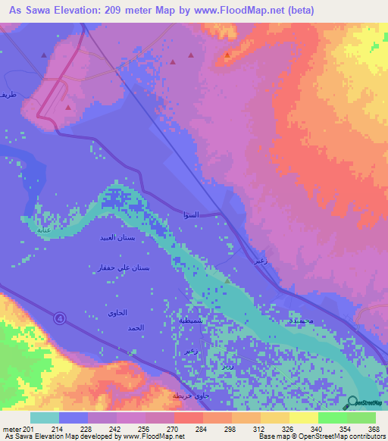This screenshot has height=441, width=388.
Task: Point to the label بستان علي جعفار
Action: pos(125,267)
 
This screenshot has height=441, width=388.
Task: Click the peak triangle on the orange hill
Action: pos(227,55)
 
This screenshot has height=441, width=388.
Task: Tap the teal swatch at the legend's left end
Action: pos(44,418)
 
